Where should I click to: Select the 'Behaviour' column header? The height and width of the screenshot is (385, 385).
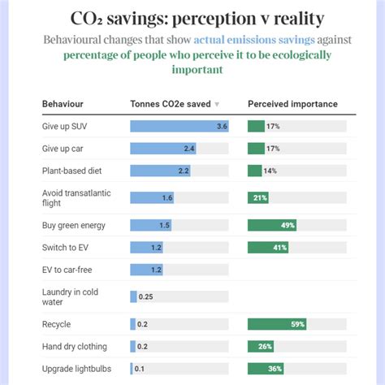point(63,104)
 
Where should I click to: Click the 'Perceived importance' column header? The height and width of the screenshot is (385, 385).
point(292,104)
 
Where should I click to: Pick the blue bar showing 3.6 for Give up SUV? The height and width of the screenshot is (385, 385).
point(179,126)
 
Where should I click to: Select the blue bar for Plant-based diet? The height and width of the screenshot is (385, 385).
point(160,171)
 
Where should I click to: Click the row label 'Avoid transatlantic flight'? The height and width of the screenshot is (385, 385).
point(76,197)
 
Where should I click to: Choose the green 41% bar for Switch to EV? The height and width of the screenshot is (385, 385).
point(268,247)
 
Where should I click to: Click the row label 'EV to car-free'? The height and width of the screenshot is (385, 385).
point(69,269)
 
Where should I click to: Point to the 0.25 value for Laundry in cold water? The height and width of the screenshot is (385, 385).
point(146,296)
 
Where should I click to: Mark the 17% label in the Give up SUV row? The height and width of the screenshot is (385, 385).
point(273,126)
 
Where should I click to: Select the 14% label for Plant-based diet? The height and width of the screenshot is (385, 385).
point(270,171)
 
